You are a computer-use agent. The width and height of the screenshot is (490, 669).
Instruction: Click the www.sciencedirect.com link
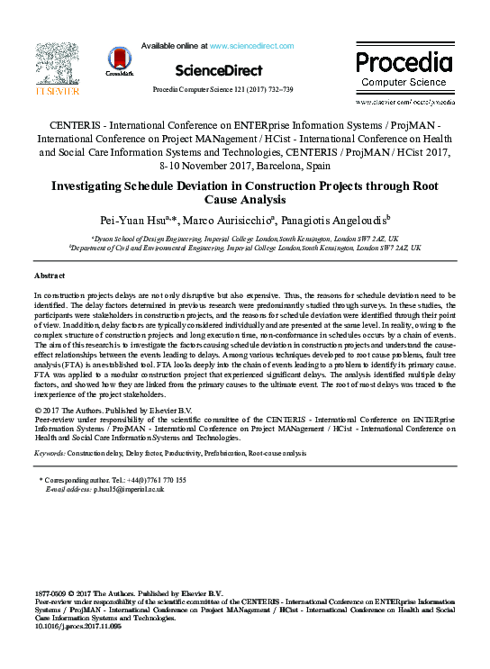(x=251, y=45)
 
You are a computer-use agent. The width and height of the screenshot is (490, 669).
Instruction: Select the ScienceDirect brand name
(x=219, y=70)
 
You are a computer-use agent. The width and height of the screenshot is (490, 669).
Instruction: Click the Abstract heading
(x=49, y=274)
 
